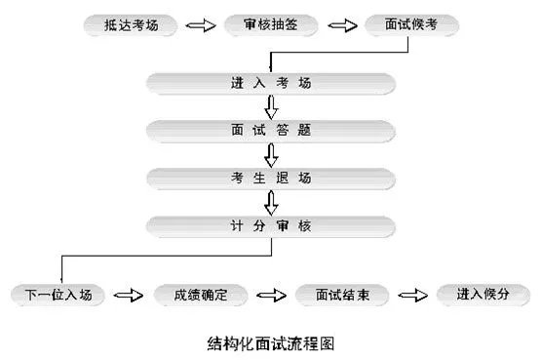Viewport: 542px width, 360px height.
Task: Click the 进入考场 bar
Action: [x=272, y=81]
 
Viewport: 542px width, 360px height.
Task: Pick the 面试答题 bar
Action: [x=272, y=130]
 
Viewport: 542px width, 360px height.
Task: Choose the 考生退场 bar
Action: [x=272, y=179]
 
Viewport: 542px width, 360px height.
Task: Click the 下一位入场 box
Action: [x=59, y=294]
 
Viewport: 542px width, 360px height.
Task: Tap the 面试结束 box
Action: [x=340, y=294]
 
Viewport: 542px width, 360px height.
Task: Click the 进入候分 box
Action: [x=477, y=294]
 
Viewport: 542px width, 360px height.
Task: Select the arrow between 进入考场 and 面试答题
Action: [x=272, y=105]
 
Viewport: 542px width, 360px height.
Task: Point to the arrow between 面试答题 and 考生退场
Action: [x=272, y=154]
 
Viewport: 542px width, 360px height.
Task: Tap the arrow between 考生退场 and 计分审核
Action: [x=272, y=203]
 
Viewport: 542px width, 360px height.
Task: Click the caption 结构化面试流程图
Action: [x=272, y=342]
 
